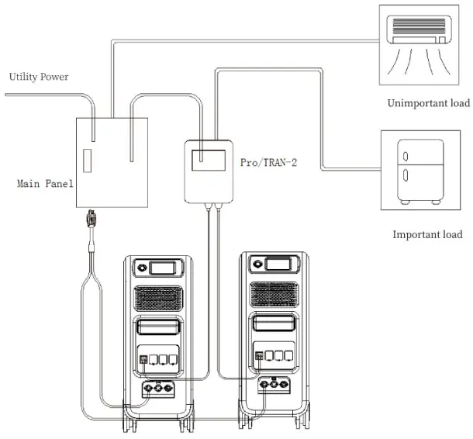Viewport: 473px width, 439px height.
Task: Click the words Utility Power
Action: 39,78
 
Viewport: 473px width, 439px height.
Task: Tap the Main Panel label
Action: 45,184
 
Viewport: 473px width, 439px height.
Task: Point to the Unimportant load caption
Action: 428,103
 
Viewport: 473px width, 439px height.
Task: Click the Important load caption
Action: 427,234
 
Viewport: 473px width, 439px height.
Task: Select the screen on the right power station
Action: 278,265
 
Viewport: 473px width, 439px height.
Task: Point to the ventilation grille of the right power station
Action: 272,294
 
